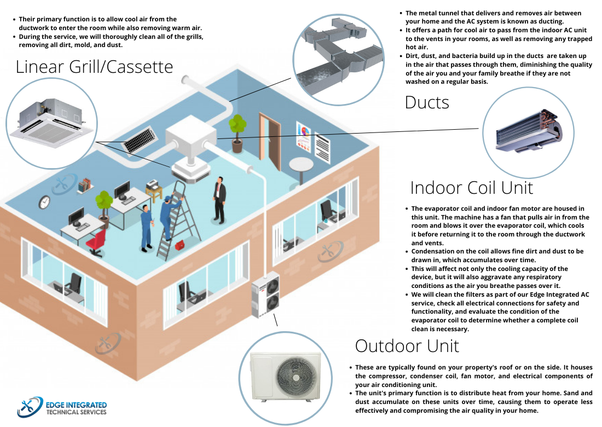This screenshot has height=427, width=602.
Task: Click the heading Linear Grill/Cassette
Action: pyautogui.click(x=94, y=67)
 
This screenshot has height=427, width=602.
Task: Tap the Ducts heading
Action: pyautogui.click(x=427, y=102)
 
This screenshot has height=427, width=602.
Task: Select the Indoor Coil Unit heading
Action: pyautogui.click(x=471, y=188)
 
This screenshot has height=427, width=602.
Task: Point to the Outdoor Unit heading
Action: pyautogui.click(x=407, y=346)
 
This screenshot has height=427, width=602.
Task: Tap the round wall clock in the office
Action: pyautogui.click(x=44, y=203)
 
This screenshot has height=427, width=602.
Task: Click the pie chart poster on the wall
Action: pyautogui.click(x=303, y=135)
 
